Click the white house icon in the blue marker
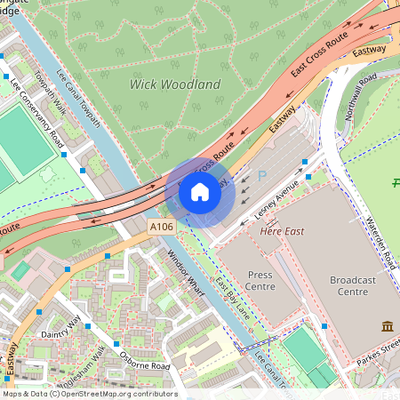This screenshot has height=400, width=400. [x=200, y=191]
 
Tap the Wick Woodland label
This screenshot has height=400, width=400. [x=175, y=84]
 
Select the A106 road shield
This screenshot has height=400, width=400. [x=162, y=228]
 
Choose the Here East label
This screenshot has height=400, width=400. [x=281, y=231]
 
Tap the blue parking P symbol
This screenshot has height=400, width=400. [x=261, y=177]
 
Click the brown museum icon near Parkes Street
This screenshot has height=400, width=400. [x=387, y=326]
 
